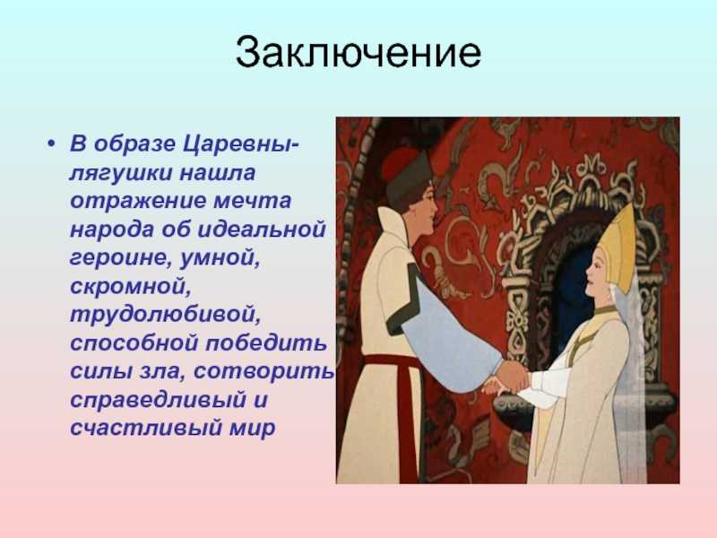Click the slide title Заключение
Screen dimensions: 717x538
358,53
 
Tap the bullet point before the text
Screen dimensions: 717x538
51,144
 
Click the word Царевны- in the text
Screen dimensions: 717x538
241,144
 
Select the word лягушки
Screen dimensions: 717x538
121,173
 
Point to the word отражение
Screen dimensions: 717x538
138,201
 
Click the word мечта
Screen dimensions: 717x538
253,201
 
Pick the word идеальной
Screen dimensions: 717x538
262,230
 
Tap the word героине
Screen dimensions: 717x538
121,258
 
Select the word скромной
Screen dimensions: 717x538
130,287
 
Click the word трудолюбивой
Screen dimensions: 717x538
165,316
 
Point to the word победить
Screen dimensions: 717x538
266,343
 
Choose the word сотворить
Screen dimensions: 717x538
265,371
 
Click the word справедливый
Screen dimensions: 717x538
159,400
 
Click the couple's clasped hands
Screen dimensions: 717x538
510,378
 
